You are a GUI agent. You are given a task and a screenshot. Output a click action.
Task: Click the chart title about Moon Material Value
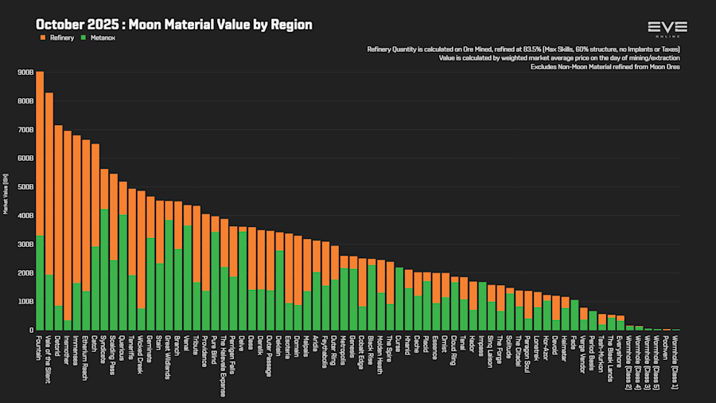pyautogui.click(x=173, y=25)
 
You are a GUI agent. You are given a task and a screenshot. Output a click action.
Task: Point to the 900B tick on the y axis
pyautogui.click(x=24, y=72)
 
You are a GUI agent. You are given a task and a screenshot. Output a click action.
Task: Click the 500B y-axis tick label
pyautogui.click(x=24, y=187)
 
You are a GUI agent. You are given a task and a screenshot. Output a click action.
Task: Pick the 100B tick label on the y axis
pyautogui.click(x=24, y=302)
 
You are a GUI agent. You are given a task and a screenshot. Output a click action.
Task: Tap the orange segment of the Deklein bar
pyautogui.click(x=59, y=215)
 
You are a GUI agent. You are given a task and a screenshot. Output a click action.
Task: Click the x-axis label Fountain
pyautogui.click(x=40, y=348)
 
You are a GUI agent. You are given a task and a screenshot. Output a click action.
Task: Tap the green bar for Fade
pyautogui.click(x=574, y=315)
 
